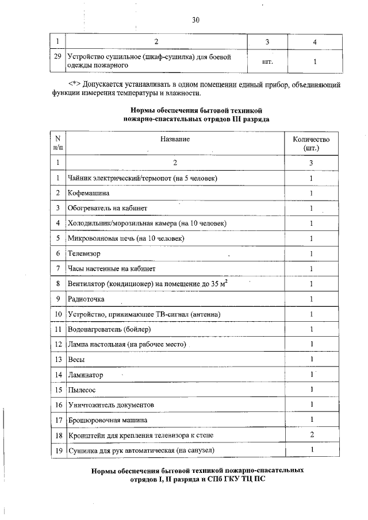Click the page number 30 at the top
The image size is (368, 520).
pyautogui.click(x=195, y=21)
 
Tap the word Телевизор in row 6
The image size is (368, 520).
pyautogui.click(x=84, y=253)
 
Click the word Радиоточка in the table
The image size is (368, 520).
pyautogui.click(x=86, y=299)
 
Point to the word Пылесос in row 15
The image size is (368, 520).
pyautogui.click(x=82, y=390)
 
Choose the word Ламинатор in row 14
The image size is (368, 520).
pyautogui.click(x=86, y=375)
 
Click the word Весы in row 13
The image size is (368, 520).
pyautogui.click(x=76, y=359)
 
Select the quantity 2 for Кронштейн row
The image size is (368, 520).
pyautogui.click(x=311, y=435)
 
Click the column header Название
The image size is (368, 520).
pyautogui.click(x=175, y=139)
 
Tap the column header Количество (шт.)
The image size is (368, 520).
pyautogui.click(x=311, y=144)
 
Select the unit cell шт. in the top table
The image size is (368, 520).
pyautogui.click(x=267, y=61)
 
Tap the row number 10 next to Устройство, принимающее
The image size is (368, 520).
pyautogui.click(x=58, y=314)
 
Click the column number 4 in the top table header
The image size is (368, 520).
pyautogui.click(x=315, y=41)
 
